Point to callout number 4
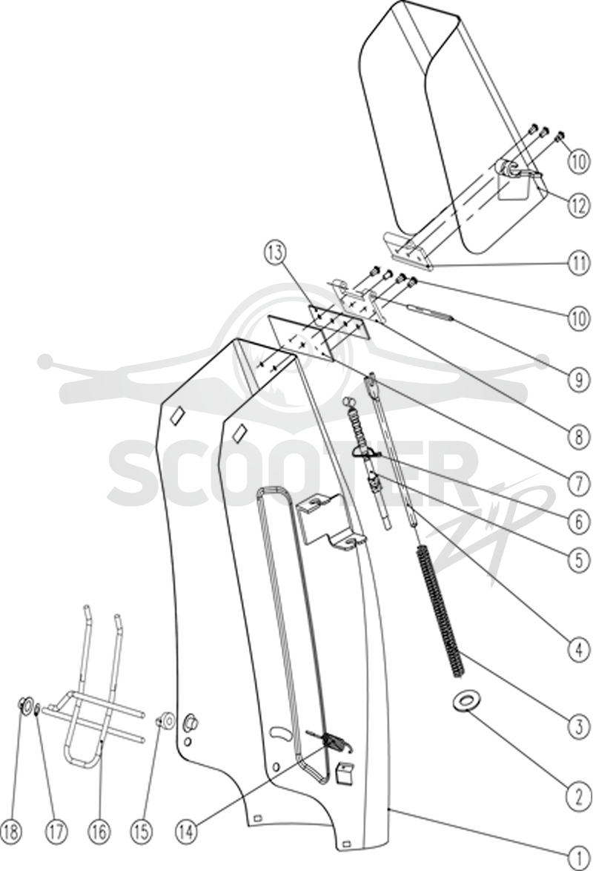coord(579,648)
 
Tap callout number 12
coord(579,206)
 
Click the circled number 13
coord(275,253)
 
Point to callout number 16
coord(98,831)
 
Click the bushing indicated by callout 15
coord(165,721)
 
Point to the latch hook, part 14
coord(331,742)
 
